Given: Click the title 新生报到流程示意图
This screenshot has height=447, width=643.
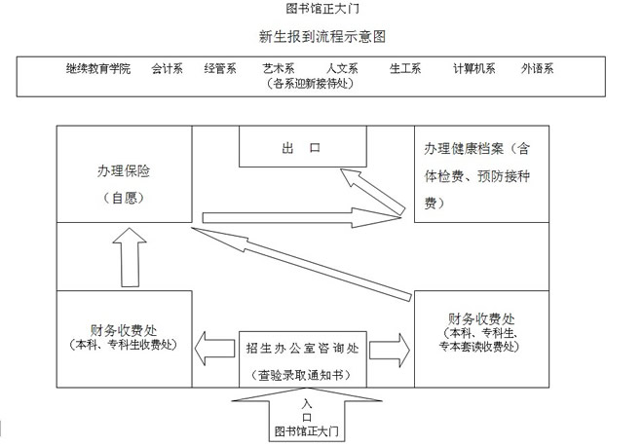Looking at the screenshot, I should [x=322, y=37].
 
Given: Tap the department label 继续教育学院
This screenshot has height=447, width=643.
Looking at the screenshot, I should [x=98, y=69].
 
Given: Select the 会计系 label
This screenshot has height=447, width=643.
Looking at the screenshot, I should [x=169, y=69].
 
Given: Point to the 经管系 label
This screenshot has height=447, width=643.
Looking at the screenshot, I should [x=220, y=69].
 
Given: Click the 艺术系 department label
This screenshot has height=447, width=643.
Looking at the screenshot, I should [x=279, y=69].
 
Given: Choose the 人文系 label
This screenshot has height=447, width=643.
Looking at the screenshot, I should [x=342, y=69].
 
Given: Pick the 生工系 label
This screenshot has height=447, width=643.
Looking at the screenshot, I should [x=404, y=69].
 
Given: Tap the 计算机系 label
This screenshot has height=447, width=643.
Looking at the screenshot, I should [x=473, y=69].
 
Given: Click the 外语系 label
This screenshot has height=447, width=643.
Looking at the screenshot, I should [x=537, y=69].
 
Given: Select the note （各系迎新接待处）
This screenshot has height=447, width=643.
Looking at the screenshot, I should [x=309, y=84].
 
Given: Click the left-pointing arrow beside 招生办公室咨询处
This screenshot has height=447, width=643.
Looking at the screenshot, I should [x=213, y=347].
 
